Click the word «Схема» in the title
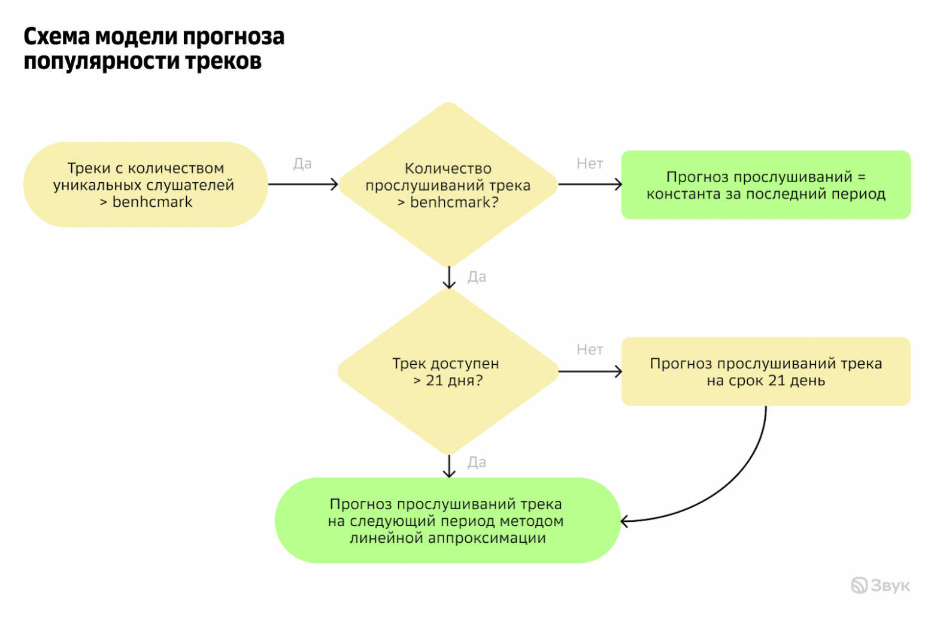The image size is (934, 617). coord(57,37)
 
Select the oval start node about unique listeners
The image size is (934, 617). coord(145,185)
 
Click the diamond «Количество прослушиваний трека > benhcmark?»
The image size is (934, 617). coord(448,185)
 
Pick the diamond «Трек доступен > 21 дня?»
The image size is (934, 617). coord(448,371)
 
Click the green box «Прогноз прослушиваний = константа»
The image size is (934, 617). coord(765,185)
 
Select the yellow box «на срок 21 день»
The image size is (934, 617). coord(765,371)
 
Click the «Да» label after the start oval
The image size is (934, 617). coord(302,164)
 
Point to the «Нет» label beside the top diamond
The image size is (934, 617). coord(590,164)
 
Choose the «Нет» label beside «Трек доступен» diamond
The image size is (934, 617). coord(590,349)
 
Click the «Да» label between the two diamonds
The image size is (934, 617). coord(477,277)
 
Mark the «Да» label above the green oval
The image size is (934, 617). coord(477,462)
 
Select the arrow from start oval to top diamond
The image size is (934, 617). coord(303,185)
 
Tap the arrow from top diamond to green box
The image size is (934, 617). coord(590,185)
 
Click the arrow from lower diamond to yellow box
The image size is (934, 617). coord(590,371)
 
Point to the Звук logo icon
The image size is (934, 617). coord(859,585)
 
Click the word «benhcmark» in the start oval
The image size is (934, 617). coord(152,202)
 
